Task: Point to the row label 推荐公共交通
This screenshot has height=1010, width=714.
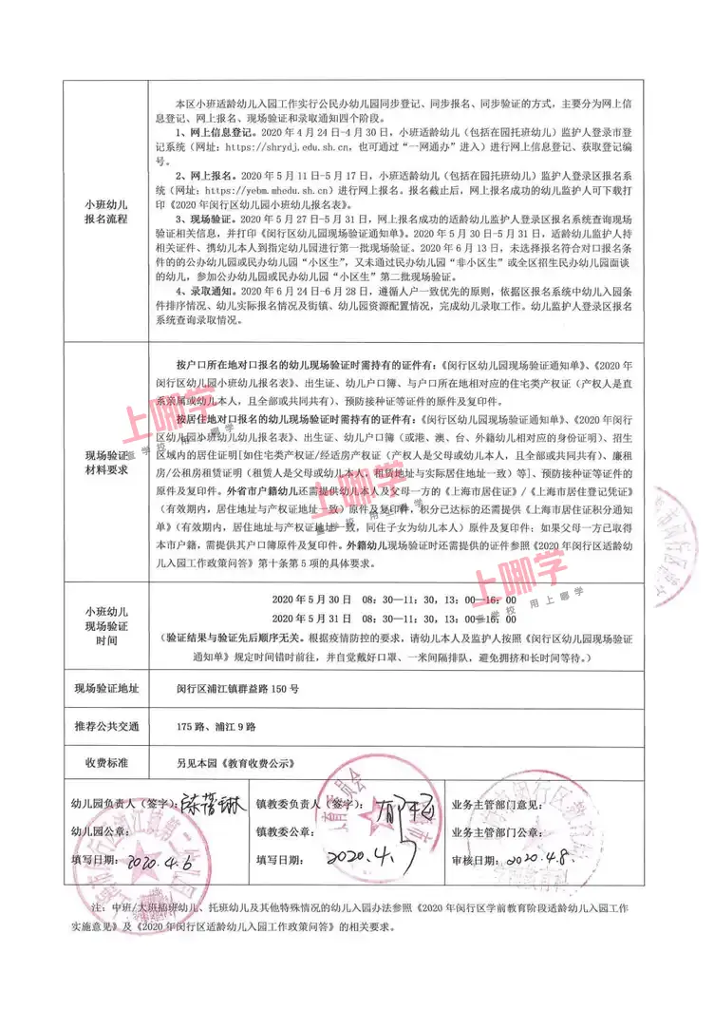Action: point(105,727)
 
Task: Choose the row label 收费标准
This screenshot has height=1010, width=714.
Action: point(105,762)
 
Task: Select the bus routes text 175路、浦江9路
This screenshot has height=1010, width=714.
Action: point(216,727)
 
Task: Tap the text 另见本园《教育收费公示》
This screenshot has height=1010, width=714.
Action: point(231,762)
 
